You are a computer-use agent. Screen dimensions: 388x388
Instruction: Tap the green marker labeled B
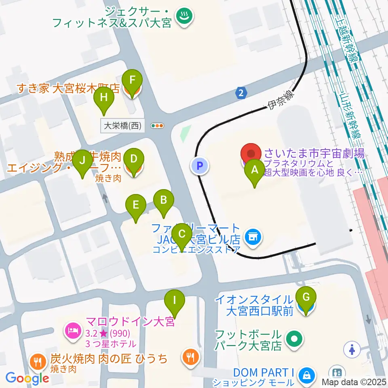pyautogui.click(x=163, y=200)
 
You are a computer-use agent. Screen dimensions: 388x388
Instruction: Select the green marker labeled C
pyautogui.click(x=181, y=234)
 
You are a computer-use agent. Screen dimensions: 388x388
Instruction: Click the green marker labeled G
pyautogui.click(x=306, y=298)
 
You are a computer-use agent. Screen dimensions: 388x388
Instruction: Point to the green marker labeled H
pyautogui.click(x=104, y=98)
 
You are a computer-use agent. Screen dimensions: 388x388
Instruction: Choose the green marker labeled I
pyautogui.click(x=175, y=301)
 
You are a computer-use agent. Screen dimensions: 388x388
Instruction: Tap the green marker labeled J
pyautogui.click(x=82, y=160)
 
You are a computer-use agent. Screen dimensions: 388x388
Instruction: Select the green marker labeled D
pyautogui.click(x=133, y=159)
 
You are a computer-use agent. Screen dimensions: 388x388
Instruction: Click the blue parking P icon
pyautogui.click(x=200, y=165)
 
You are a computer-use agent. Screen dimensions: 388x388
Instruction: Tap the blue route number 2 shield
pyautogui.click(x=241, y=93)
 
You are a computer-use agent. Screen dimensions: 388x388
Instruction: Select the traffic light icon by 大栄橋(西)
pyautogui.click(x=157, y=126)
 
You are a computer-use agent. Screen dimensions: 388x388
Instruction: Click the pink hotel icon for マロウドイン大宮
pyautogui.click(x=73, y=330)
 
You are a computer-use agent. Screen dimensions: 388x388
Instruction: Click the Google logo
pyautogui.click(x=27, y=378)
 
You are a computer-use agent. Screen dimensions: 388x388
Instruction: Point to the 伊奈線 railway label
pyautogui.click(x=281, y=101)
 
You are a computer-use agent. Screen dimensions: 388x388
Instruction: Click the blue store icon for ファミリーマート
pyautogui.click(x=253, y=237)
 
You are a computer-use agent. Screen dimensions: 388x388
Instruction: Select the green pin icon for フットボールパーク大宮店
pyautogui.click(x=295, y=339)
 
